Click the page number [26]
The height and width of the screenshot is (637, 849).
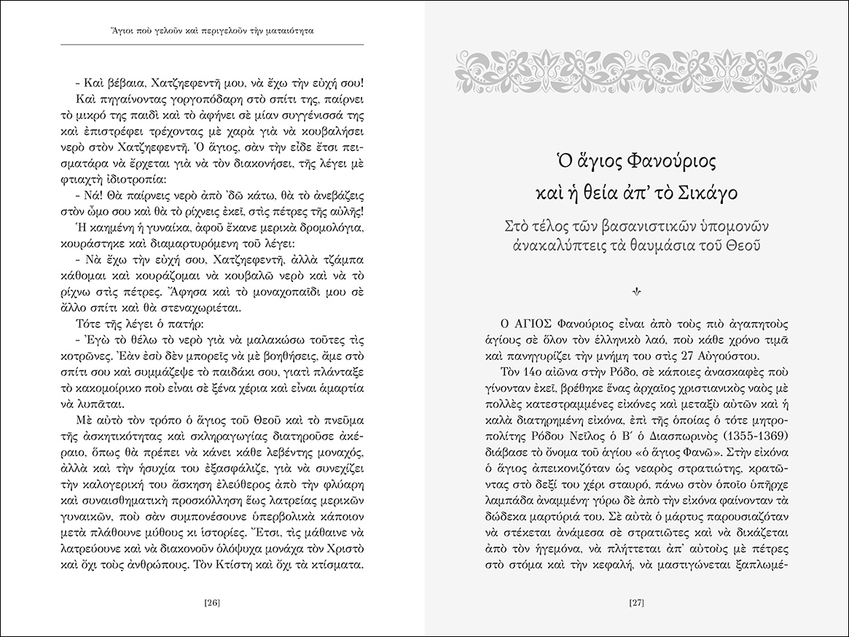point(212,602)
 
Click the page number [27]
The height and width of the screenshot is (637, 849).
point(636,602)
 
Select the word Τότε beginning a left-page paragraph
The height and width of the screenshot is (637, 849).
point(90,323)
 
